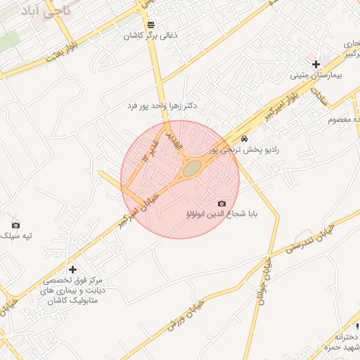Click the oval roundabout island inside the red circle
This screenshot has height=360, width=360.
[x=191, y=169]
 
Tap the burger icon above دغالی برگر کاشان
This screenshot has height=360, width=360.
[x=150, y=25]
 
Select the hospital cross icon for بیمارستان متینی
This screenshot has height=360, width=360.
[x=316, y=64]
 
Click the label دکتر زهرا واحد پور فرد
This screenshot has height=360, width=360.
[x=162, y=105]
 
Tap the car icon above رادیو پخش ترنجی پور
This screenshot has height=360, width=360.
[x=244, y=139]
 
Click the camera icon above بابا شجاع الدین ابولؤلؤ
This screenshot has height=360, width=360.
[x=222, y=203]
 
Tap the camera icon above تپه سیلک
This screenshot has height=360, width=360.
[x=15, y=225]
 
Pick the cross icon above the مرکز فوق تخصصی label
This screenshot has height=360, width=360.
[x=72, y=269]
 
